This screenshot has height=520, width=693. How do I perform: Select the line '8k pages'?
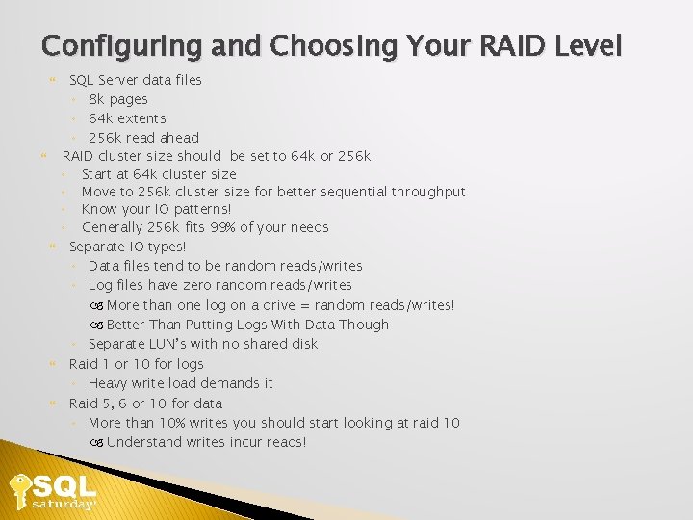(x=117, y=99)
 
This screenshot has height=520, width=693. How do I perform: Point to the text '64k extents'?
(x=127, y=118)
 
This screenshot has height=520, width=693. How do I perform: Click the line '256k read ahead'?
(x=143, y=138)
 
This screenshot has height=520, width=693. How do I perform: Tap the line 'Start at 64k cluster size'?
(x=159, y=174)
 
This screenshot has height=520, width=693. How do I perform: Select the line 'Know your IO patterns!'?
(x=156, y=209)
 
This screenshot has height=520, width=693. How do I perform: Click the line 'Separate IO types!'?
(x=127, y=247)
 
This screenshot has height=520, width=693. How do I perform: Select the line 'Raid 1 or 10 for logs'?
(x=136, y=364)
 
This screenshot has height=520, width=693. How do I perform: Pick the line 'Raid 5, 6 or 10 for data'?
(x=145, y=403)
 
